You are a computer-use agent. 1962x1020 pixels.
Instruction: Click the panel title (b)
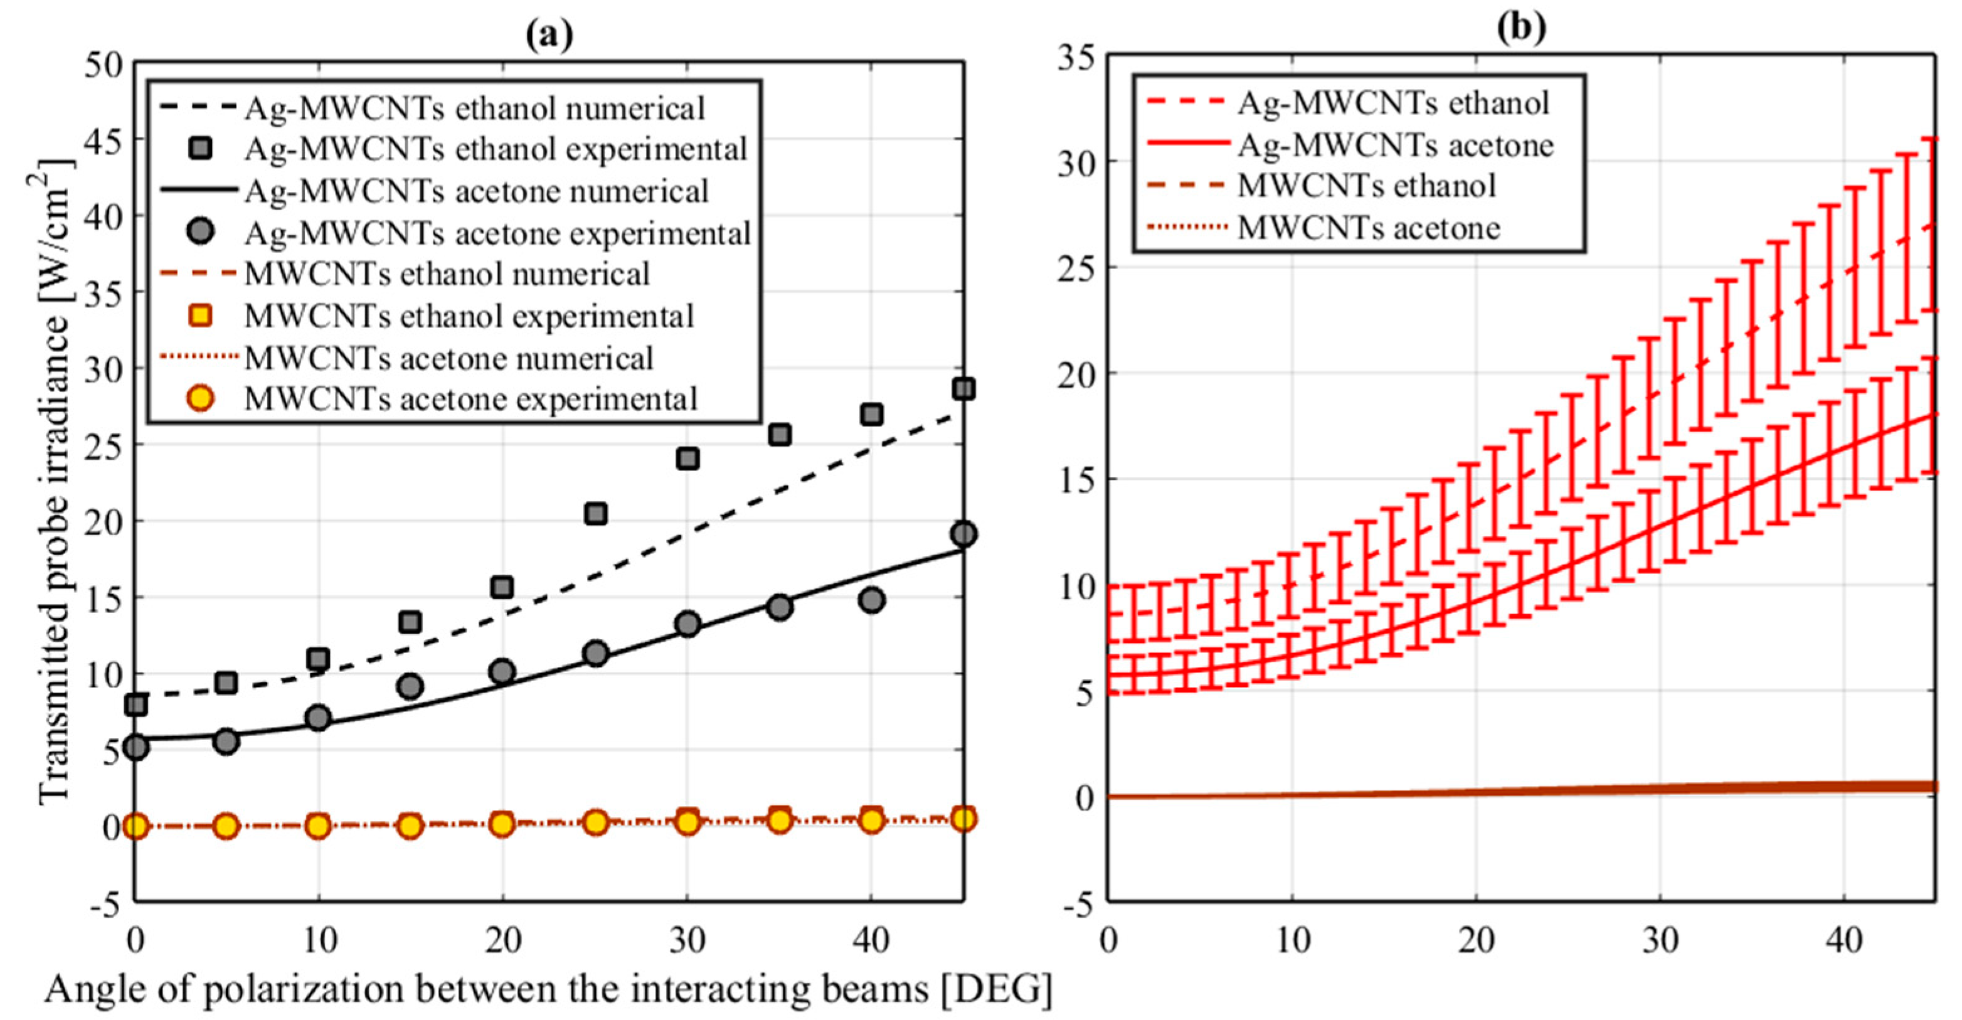tap(1522, 28)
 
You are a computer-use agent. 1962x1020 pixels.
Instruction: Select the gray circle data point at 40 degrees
tap(871, 600)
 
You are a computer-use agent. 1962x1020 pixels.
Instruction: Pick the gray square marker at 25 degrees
tap(596, 514)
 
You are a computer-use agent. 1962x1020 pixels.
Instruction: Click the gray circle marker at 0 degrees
tap(135, 747)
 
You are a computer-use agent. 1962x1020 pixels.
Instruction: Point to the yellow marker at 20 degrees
tap(501, 824)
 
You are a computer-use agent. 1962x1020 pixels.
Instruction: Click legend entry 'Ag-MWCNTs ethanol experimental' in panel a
tap(496, 149)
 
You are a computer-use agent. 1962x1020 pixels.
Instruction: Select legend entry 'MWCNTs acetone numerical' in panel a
tap(448, 358)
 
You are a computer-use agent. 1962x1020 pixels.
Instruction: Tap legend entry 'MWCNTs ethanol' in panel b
tap(1367, 186)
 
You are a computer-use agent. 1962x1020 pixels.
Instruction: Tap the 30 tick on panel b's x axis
tap(1660, 942)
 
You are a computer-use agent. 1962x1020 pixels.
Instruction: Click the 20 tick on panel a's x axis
tap(502, 942)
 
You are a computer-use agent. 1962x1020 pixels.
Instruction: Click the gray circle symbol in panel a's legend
tap(200, 231)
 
